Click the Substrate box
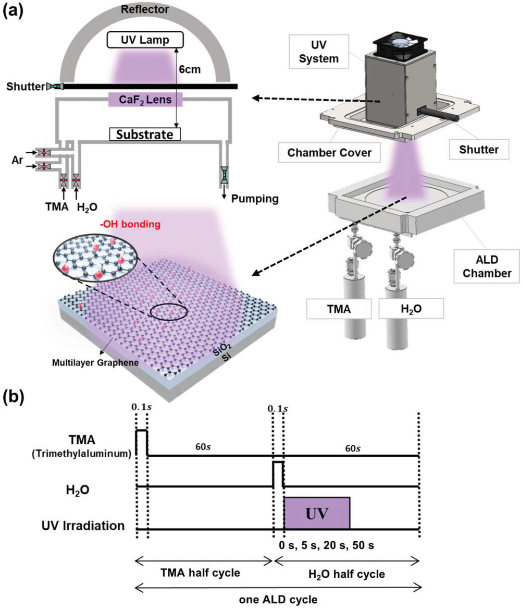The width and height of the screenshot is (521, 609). (144, 135)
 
